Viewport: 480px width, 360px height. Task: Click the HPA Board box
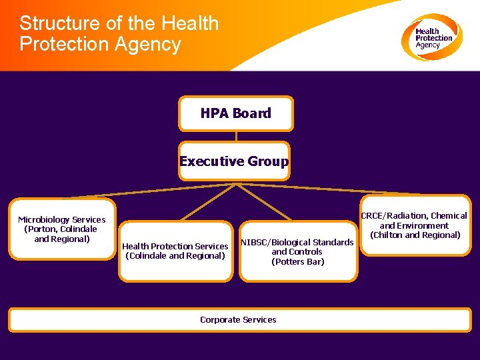[235, 113]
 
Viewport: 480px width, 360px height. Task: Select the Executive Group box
[234, 161]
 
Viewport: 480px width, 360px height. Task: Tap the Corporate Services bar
[239, 319]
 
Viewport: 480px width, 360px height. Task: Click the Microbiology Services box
[61, 229]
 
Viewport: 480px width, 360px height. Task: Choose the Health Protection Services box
[175, 251]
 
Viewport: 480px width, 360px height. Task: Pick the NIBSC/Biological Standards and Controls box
[297, 252]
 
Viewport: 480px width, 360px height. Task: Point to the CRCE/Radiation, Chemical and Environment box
[415, 225]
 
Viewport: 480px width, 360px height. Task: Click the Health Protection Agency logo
[431, 37]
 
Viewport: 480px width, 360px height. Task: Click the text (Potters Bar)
[297, 261]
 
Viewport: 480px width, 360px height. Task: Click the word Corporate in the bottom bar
[220, 319]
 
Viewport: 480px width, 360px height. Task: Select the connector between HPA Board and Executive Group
[235, 136]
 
